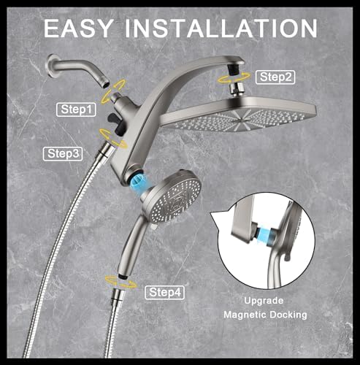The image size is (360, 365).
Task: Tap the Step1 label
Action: pyautogui.click(x=77, y=109)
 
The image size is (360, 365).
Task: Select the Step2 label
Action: pyautogui.click(x=276, y=76)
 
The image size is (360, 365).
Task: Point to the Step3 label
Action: pyautogui.click(x=64, y=153)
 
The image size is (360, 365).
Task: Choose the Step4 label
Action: pyautogui.click(x=166, y=293)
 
